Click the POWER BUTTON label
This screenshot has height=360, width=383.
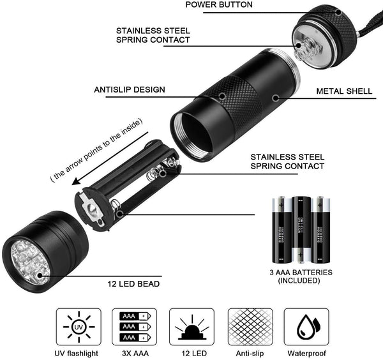[x=219, y=5]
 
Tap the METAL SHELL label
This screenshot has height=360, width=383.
[x=344, y=91]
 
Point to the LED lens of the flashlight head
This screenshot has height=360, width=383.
[x=26, y=260]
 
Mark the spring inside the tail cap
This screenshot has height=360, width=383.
[x=305, y=46]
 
